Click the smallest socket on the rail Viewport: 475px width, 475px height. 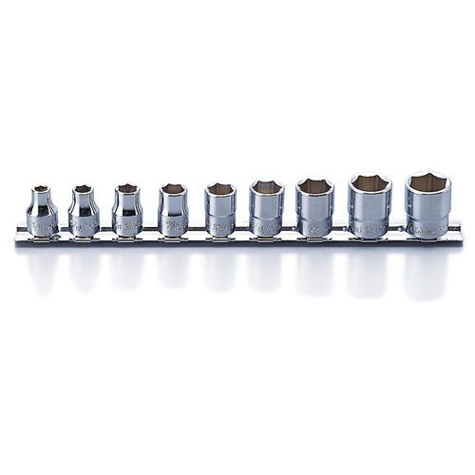[41, 211]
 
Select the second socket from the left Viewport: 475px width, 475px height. [84, 210]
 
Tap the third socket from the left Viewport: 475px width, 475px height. [127, 209]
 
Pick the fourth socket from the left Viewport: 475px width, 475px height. [173, 209]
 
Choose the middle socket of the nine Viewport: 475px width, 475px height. [220, 209]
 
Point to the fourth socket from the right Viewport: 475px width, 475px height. [267, 208]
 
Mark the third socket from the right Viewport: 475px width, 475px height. [314, 207]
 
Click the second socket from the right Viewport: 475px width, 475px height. [369, 205]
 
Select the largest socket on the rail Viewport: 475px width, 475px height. [427, 204]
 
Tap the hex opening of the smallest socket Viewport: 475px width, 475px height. [41, 190]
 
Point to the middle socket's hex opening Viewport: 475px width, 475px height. [220, 188]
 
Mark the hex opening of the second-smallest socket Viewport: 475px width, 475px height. [84, 189]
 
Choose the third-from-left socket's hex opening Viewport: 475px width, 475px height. [127, 189]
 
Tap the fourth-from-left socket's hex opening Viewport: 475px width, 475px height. [173, 189]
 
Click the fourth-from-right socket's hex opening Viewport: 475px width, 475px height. [267, 187]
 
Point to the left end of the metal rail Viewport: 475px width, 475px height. [19, 235]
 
